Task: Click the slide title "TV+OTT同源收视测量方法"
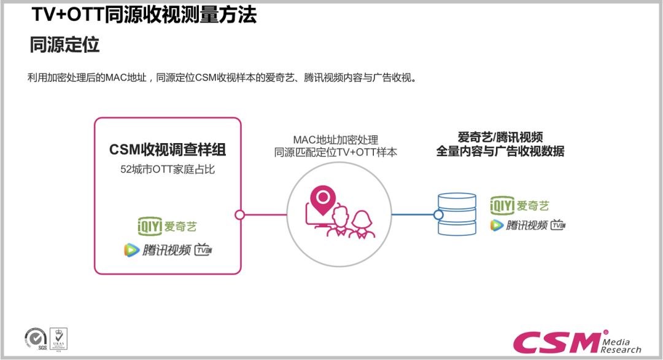click(x=144, y=15)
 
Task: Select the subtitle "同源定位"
click(x=64, y=45)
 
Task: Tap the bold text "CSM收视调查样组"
click(x=168, y=150)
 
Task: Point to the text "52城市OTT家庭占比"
click(x=168, y=170)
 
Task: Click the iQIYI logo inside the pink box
click(x=167, y=226)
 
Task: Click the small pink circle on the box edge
click(x=240, y=215)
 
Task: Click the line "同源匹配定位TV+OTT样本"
click(x=335, y=152)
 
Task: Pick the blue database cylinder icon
click(x=457, y=214)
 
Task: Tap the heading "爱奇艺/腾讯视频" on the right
click(x=500, y=137)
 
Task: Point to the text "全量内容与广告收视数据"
click(x=500, y=151)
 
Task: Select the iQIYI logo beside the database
click(x=519, y=206)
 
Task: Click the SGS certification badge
click(x=36, y=338)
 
